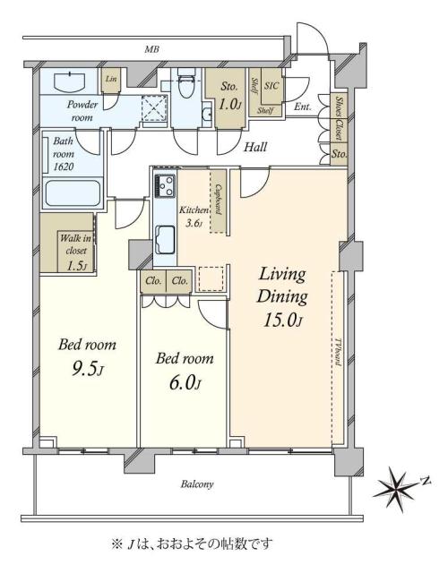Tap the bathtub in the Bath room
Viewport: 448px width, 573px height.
[73, 192]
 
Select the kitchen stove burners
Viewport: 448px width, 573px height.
[165, 185]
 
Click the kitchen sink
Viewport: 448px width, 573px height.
[165, 239]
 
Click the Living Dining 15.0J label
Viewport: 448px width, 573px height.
[282, 297]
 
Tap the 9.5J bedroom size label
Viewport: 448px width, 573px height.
[87, 370]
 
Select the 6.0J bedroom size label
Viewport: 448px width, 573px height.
[185, 383]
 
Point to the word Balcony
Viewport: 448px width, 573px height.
[197, 484]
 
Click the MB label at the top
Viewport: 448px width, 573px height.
[151, 49]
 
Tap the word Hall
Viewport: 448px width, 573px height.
[255, 147]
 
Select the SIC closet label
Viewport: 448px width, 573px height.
[271, 86]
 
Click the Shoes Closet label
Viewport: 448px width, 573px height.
[340, 118]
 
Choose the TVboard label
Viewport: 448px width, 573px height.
[338, 351]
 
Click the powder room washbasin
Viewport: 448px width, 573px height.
[70, 82]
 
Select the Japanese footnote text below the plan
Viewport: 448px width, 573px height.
[192, 544]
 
